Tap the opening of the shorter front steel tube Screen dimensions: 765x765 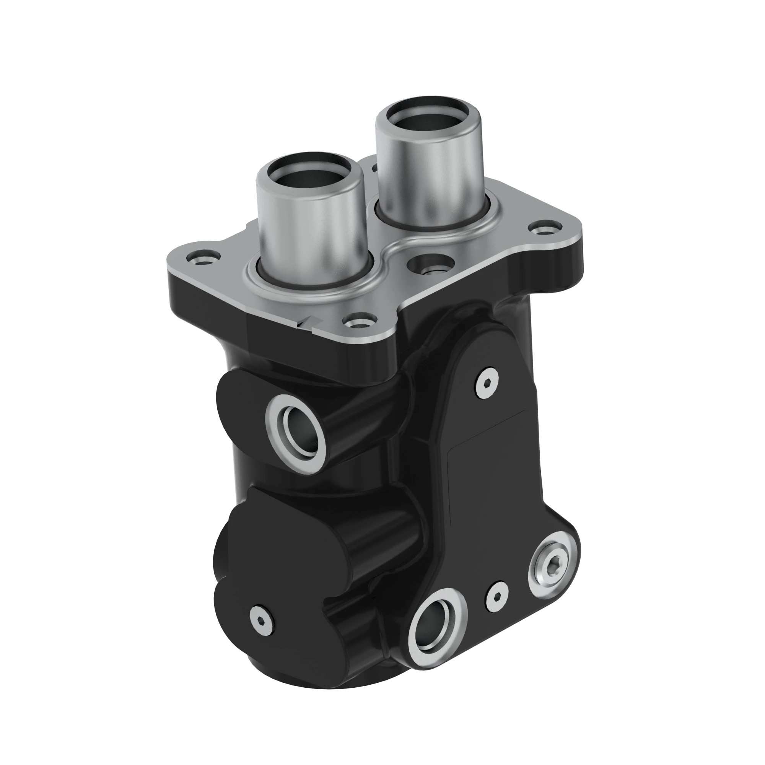point(310,172)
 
